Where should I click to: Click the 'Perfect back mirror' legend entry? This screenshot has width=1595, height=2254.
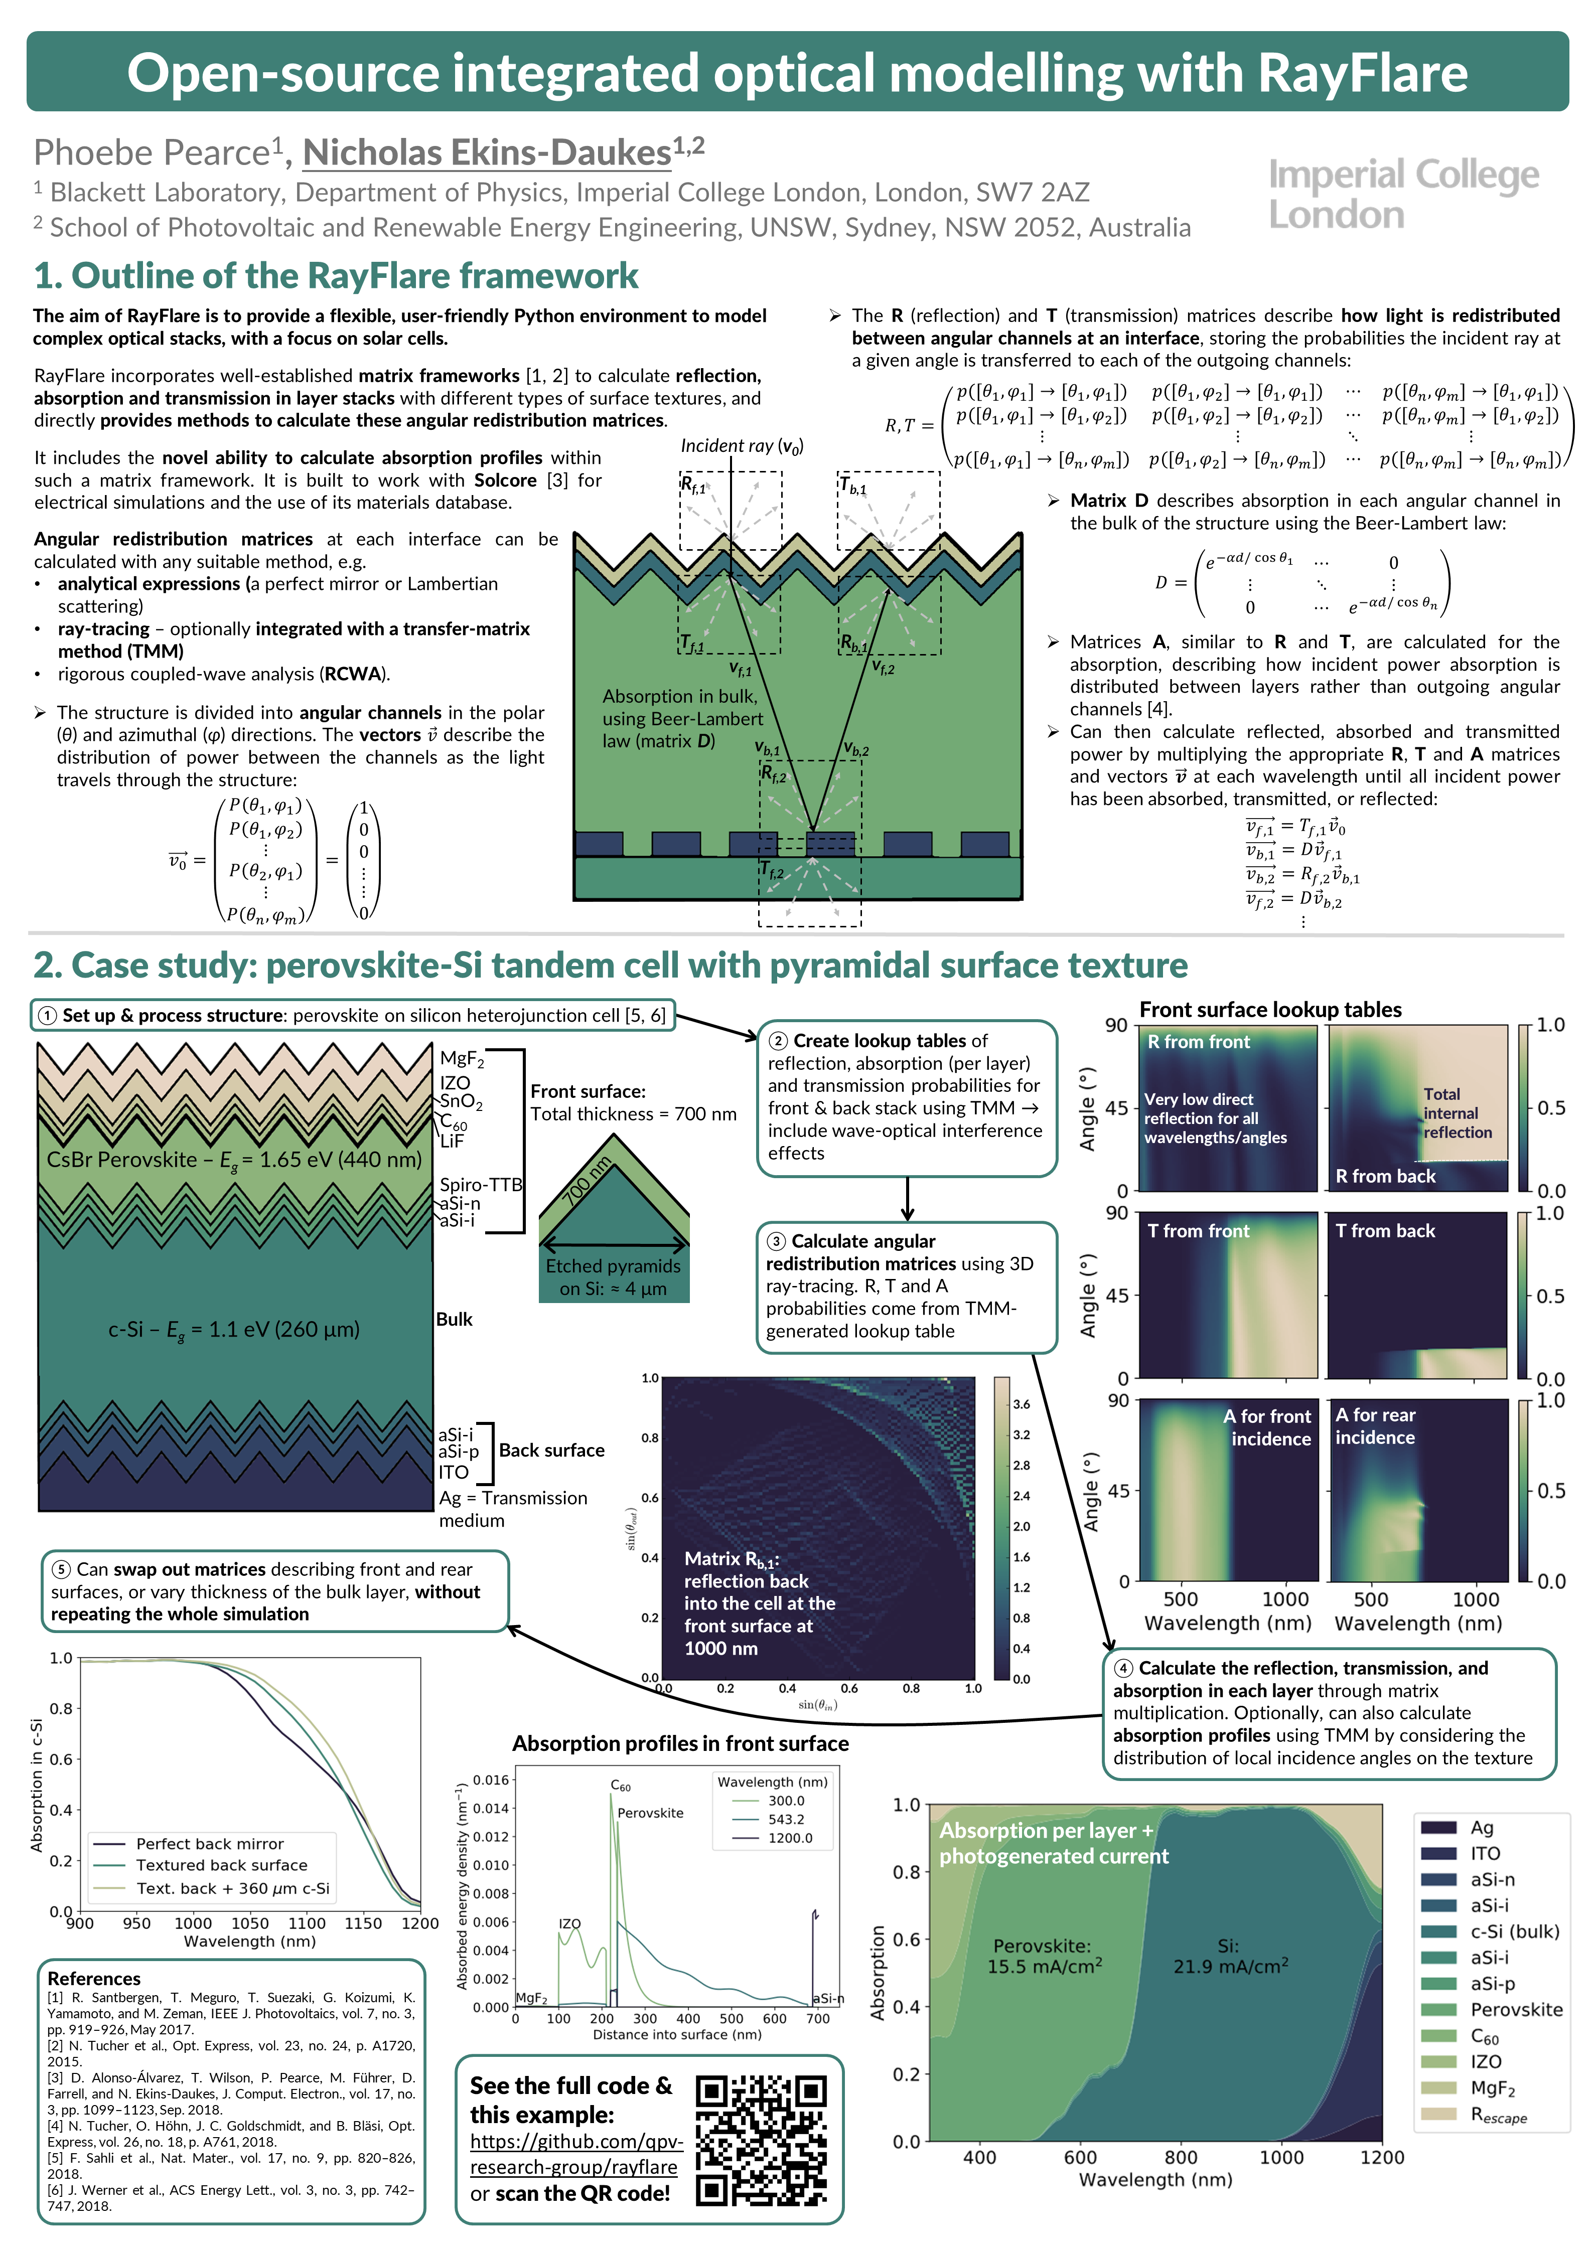(209, 1844)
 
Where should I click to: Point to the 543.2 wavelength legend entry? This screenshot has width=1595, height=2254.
(786, 1819)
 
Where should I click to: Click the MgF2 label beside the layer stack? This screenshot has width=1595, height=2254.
(462, 1058)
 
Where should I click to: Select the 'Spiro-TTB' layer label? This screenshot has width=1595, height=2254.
(480, 1185)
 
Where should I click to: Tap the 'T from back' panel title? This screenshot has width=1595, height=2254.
(1385, 1231)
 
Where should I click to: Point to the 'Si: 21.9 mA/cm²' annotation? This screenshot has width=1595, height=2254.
(1230, 1957)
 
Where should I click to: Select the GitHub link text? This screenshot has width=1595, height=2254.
(573, 2154)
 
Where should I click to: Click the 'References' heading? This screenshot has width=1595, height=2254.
(94, 1978)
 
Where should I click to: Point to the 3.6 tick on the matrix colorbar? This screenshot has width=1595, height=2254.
(1022, 1404)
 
